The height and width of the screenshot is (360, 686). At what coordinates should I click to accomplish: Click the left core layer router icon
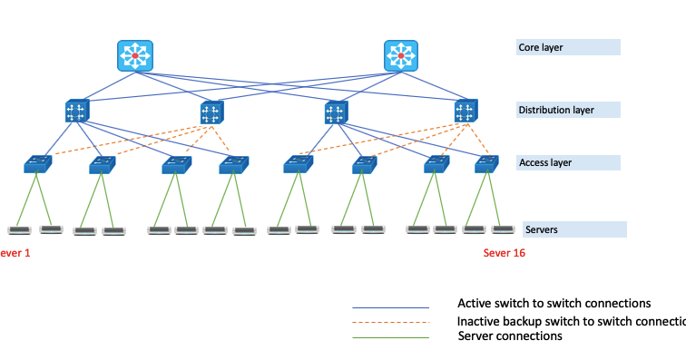[135, 56]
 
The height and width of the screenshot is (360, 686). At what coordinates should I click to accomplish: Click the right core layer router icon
[401, 56]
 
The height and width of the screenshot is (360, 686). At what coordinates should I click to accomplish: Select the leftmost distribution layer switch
[76, 112]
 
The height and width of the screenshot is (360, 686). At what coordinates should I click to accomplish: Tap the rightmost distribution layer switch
[466, 112]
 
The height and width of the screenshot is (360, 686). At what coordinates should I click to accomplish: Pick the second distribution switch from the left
[211, 112]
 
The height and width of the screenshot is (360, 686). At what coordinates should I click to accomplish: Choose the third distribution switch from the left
[336, 112]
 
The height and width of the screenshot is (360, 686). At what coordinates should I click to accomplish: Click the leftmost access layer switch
[38, 165]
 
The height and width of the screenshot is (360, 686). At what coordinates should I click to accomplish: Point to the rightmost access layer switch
[487, 165]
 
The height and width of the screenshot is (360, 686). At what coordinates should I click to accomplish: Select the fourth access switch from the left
[232, 165]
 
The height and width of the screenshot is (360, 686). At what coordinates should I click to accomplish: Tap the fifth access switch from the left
[297, 165]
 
